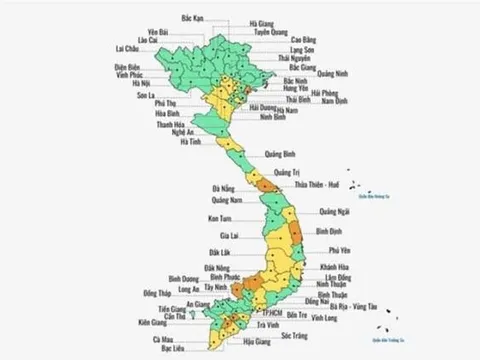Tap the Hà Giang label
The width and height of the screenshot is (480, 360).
[264, 22]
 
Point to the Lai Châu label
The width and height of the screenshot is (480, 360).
[127, 48]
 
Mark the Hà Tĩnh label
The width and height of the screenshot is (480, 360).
[191, 142]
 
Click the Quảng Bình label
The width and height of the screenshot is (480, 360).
[279, 154]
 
